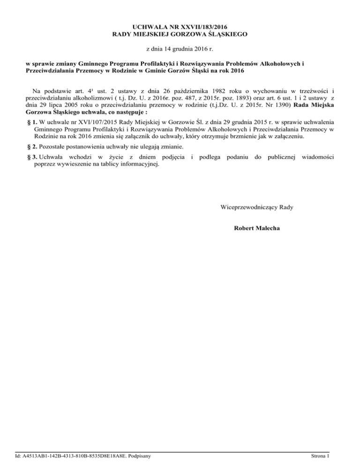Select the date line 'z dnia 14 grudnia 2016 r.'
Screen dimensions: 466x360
pos(180,48)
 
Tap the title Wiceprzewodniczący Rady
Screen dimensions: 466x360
pos(257,207)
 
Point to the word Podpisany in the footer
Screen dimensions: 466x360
pos(144,456)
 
